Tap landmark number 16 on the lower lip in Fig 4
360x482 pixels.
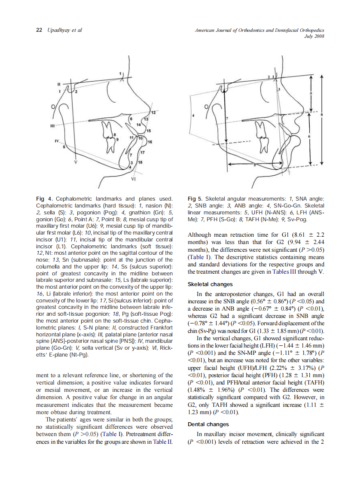(x=149, y=142)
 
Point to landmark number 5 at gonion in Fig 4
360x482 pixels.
(x=64, y=147)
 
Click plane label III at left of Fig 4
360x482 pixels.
(x=52, y=126)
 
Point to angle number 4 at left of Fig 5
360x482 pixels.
(x=193, y=116)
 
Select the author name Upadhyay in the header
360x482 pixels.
(x=58, y=30)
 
